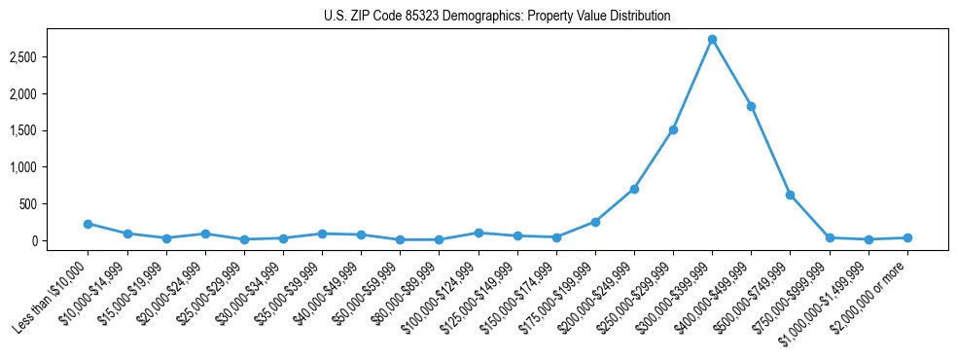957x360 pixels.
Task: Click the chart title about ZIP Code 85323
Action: pos(497,17)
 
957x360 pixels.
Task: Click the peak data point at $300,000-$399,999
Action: pos(712,40)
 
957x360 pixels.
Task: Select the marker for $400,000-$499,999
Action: pos(751,106)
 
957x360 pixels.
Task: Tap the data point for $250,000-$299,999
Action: pos(673,129)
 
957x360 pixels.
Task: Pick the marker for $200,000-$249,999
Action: pos(634,189)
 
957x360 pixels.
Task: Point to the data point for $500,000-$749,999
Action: pos(790,195)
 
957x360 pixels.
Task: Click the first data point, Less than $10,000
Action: pos(88,224)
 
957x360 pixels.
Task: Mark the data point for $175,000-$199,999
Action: pos(595,222)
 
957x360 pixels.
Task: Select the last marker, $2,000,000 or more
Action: pos(907,237)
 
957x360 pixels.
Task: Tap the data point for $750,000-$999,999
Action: pos(830,237)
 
